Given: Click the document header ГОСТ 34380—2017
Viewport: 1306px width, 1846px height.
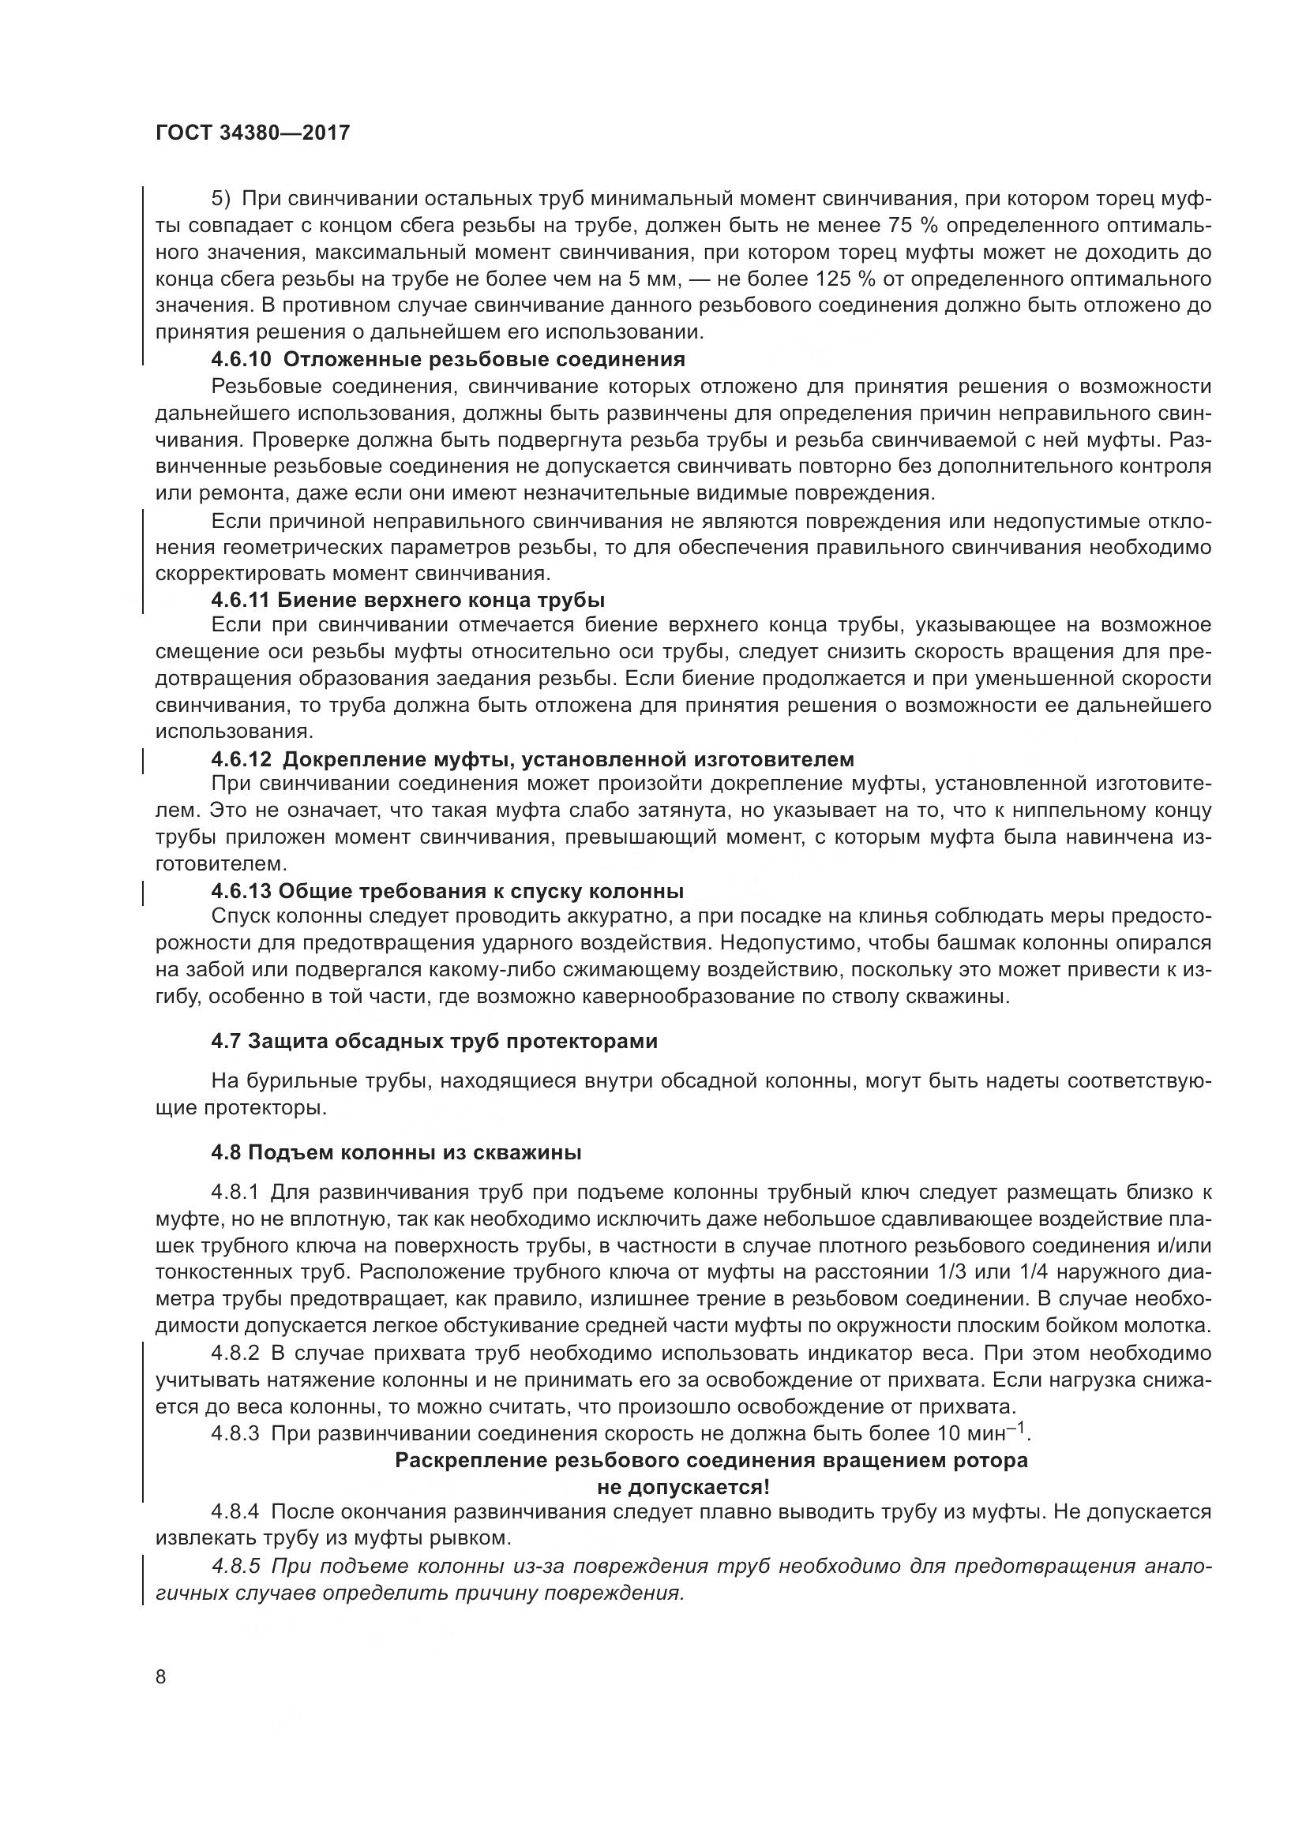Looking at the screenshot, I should point(253,133).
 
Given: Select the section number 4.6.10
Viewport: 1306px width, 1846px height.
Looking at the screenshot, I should point(242,359).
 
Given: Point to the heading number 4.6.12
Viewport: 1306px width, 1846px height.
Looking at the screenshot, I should point(242,759).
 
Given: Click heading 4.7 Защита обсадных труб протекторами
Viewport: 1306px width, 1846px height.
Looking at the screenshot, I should point(434,1041).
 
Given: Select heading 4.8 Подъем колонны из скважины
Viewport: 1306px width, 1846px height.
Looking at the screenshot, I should point(396,1152).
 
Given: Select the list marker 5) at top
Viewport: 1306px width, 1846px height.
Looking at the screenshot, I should point(220,199).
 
